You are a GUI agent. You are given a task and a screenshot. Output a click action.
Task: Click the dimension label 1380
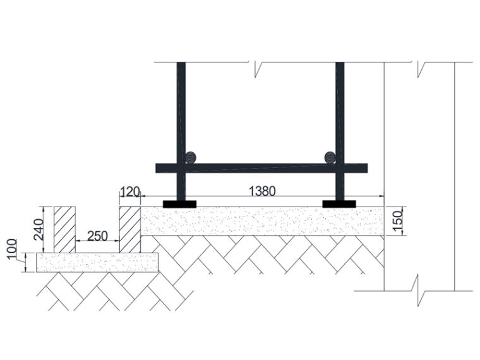click(262, 191)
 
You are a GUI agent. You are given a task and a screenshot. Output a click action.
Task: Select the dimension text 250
click(97, 235)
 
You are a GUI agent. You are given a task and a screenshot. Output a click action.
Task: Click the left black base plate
click(179, 204)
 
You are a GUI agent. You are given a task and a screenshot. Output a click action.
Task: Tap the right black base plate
click(339, 204)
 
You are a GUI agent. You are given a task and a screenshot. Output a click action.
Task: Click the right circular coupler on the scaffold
click(330, 157)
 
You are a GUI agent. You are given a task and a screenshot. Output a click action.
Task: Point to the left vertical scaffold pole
click(181, 114)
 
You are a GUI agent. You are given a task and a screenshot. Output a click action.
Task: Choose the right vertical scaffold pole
click(340, 114)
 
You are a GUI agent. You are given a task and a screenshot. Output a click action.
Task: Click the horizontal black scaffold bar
click(261, 168)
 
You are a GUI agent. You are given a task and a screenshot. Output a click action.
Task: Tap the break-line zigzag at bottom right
click(417, 288)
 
